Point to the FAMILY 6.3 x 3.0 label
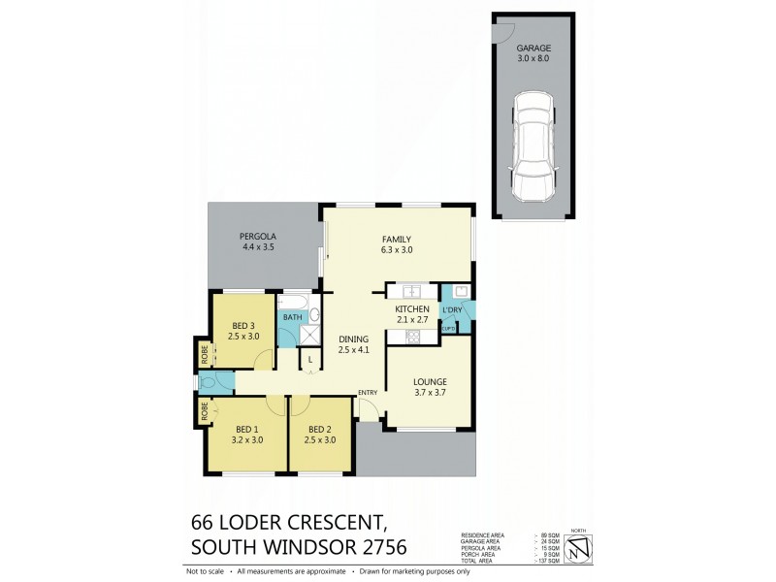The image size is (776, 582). (396, 245)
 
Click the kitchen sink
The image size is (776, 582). (410, 291)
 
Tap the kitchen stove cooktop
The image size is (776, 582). (409, 336)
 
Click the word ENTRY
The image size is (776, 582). (368, 392)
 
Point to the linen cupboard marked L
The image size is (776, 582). (308, 360)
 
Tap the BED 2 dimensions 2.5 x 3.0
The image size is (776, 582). (321, 439)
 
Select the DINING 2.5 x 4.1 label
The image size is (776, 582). (353, 345)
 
